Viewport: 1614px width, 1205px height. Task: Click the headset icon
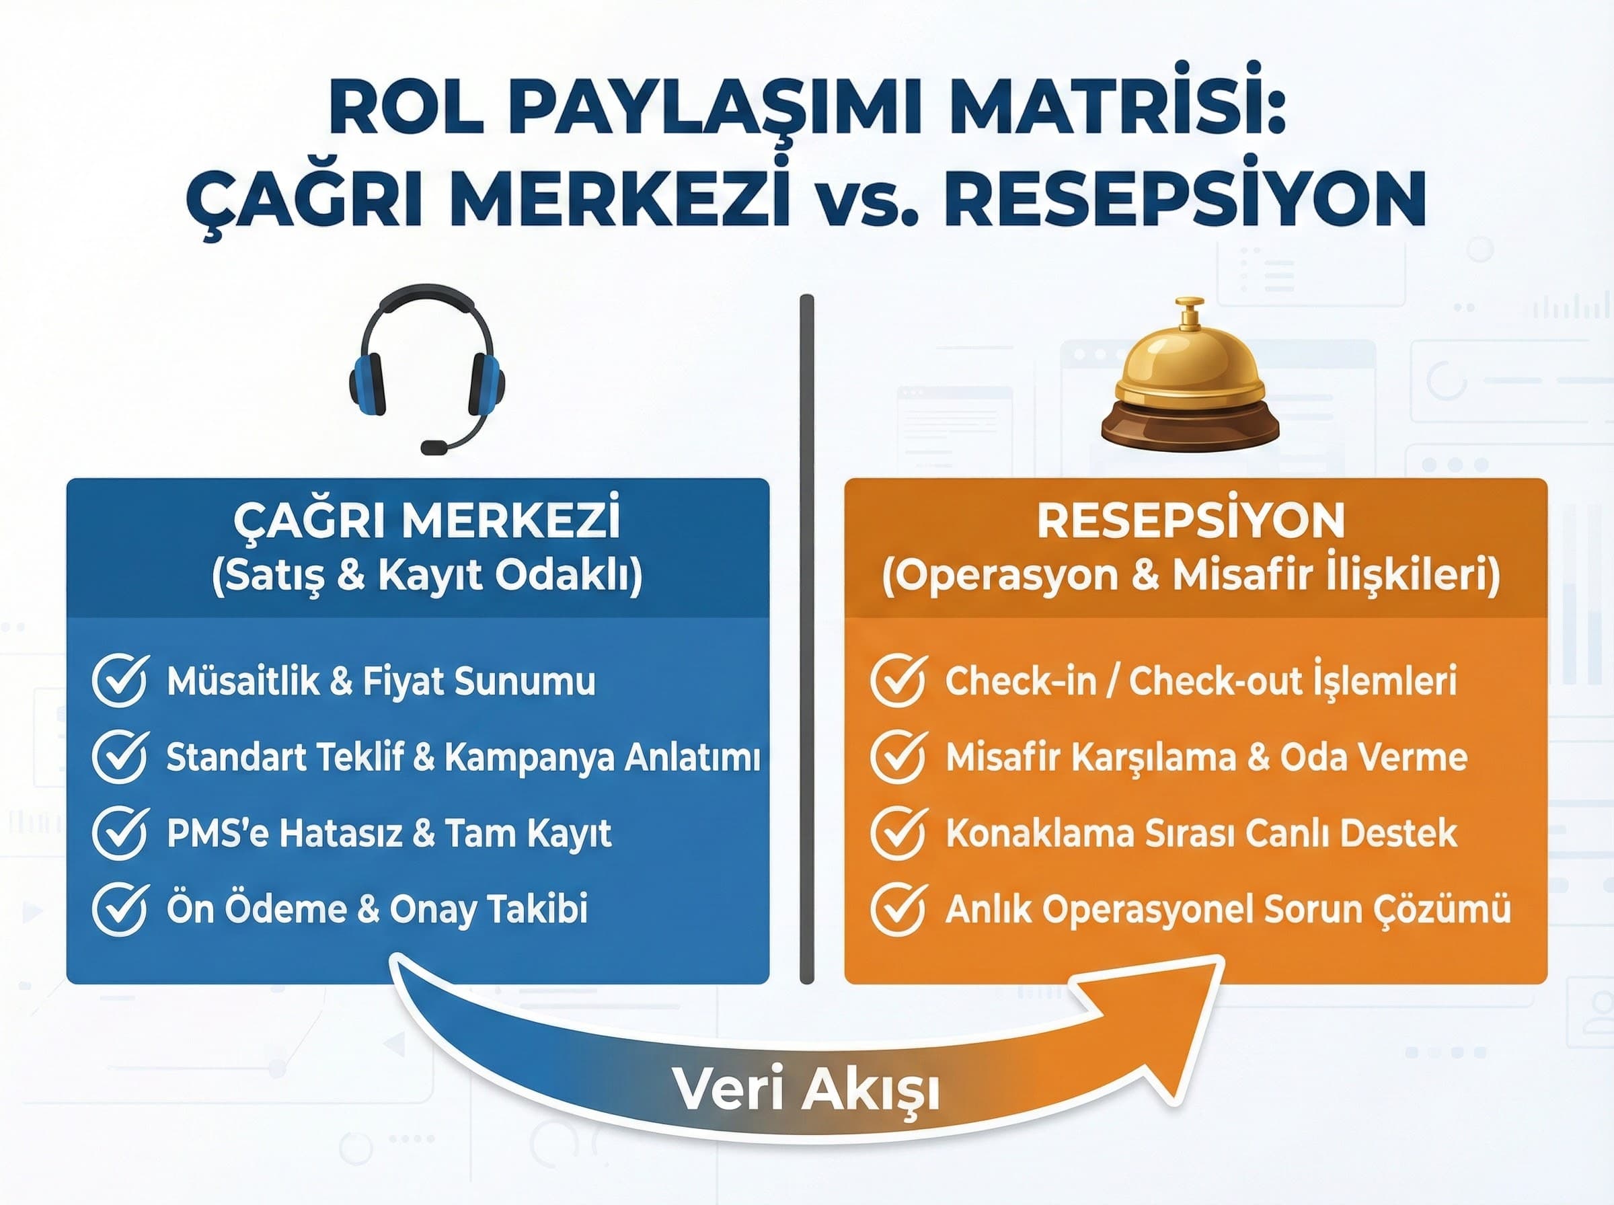[426, 368]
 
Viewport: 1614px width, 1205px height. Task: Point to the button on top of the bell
[1190, 312]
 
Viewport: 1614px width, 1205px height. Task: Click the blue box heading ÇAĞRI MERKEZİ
[426, 519]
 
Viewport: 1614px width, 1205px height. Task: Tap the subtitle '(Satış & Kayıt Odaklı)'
[426, 576]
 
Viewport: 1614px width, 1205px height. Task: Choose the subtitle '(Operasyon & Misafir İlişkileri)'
[1190, 576]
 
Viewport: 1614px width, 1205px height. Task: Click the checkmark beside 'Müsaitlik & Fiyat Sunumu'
[120, 681]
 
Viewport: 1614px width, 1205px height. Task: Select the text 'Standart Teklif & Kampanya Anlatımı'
[463, 757]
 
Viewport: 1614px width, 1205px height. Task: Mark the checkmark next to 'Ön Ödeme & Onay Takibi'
[120, 909]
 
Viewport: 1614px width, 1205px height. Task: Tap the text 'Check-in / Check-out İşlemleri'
[1200, 681]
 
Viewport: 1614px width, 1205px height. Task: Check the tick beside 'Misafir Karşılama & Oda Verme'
[898, 757]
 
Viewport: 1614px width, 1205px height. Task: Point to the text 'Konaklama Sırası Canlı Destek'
[1200, 833]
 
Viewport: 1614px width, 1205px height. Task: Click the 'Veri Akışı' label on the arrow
[806, 1091]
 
